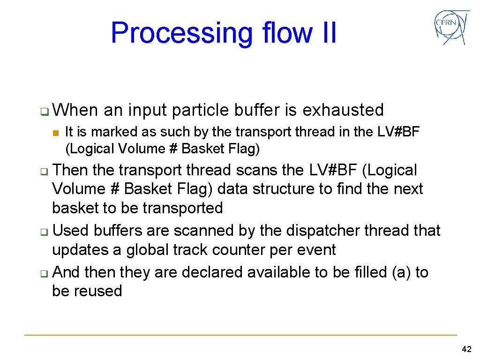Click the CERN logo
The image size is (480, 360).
click(x=451, y=28)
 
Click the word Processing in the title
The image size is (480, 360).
click(x=181, y=33)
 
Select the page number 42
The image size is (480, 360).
click(x=466, y=350)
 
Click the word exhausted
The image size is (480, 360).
click(x=343, y=110)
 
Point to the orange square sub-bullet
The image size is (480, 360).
click(x=56, y=133)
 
